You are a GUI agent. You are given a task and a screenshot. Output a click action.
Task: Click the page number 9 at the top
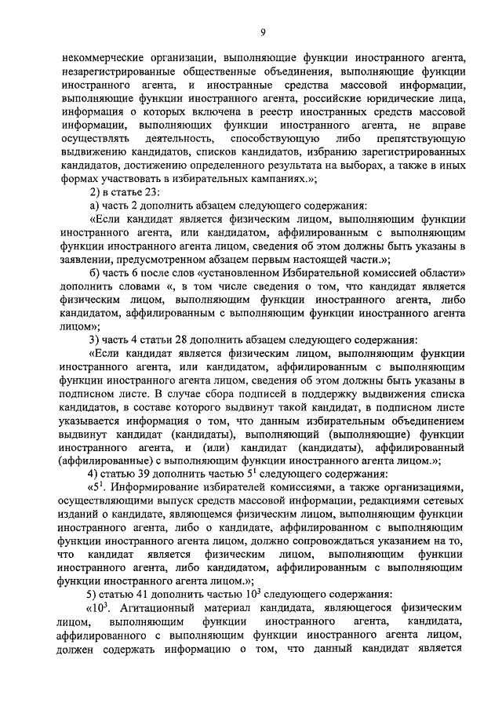pos(264,31)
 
